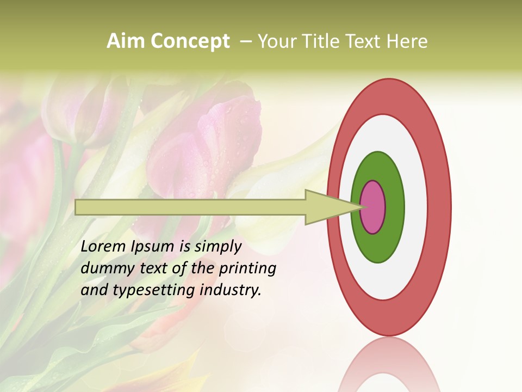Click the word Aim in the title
click(x=126, y=41)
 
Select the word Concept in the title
click(x=190, y=41)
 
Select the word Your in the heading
click(x=277, y=41)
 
